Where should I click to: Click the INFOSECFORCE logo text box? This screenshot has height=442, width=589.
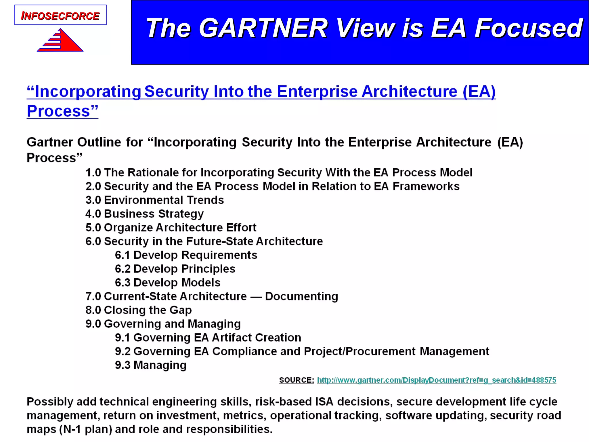(x=60, y=15)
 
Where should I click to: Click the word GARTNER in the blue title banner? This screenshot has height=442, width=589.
(x=263, y=28)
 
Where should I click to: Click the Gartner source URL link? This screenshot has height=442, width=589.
(x=436, y=380)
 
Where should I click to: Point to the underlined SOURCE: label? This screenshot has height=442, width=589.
(x=296, y=380)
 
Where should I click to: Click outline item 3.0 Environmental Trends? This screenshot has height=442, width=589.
(x=154, y=200)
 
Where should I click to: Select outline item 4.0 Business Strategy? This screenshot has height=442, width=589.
(x=144, y=214)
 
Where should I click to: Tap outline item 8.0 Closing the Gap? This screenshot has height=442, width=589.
(x=138, y=310)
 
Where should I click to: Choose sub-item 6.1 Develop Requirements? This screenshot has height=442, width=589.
(x=186, y=255)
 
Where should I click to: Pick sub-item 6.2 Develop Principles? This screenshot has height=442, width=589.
(x=175, y=269)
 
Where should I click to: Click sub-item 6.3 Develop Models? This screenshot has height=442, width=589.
(x=167, y=283)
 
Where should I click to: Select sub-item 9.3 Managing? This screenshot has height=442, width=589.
(x=151, y=365)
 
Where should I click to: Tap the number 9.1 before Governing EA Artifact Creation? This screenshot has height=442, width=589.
(x=123, y=338)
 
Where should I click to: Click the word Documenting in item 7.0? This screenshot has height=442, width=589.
(x=301, y=296)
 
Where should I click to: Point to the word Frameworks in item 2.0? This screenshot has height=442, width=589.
(x=426, y=186)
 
